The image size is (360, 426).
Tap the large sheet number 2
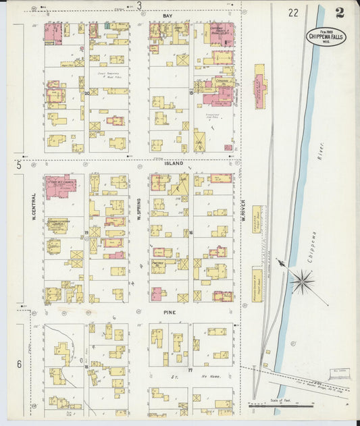coord(338,12)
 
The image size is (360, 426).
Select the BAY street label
coord(167,14)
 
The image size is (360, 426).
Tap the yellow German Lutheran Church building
coord(57,226)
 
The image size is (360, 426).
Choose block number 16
coord(192,232)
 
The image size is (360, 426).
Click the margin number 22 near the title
coord(292,12)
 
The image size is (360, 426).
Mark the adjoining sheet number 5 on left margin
coord(19,164)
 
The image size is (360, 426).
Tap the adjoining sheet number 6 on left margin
coord(19,364)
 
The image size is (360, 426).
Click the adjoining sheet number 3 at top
coord(139,6)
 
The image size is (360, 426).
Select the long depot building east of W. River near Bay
coord(259,86)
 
